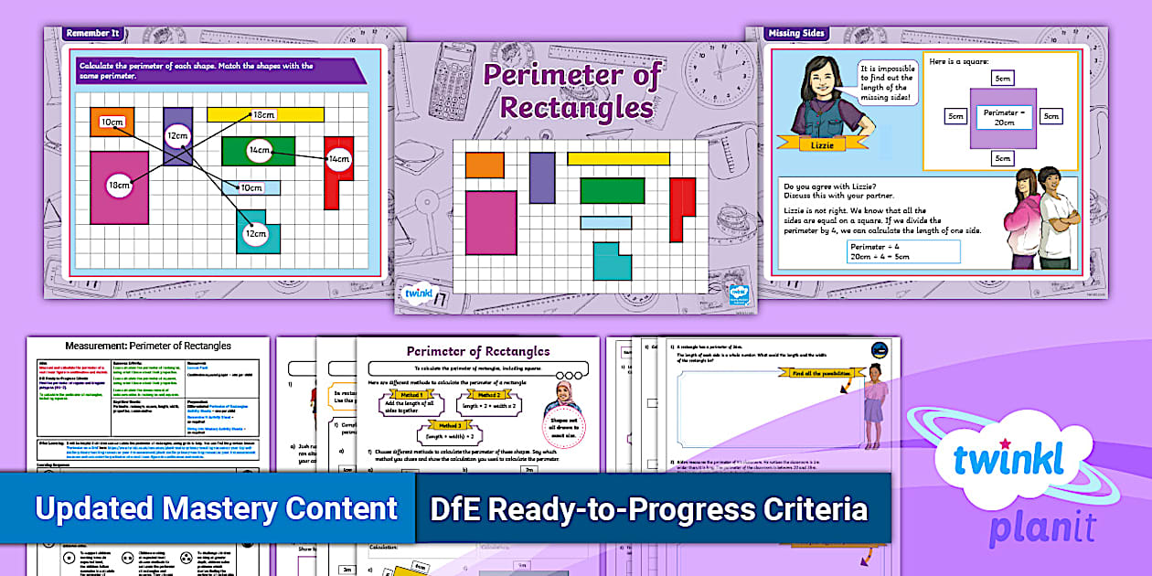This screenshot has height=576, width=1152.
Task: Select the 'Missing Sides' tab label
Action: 796,34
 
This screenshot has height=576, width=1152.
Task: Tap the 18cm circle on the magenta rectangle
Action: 119,186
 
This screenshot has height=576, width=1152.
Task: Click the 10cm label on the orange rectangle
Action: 112,122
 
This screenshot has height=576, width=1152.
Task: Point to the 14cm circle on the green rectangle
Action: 259,150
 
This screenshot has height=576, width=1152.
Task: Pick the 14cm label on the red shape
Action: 339,159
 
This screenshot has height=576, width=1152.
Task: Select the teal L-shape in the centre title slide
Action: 612,261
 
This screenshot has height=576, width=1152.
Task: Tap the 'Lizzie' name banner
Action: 815,144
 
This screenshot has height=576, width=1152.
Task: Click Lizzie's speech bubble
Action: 886,83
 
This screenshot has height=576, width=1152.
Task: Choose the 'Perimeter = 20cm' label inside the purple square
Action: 1003,118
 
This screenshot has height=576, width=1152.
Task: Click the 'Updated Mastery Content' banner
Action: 216,509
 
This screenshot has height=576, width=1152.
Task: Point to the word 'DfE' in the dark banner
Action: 458,509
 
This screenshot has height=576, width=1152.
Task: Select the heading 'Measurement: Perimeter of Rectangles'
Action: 148,346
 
